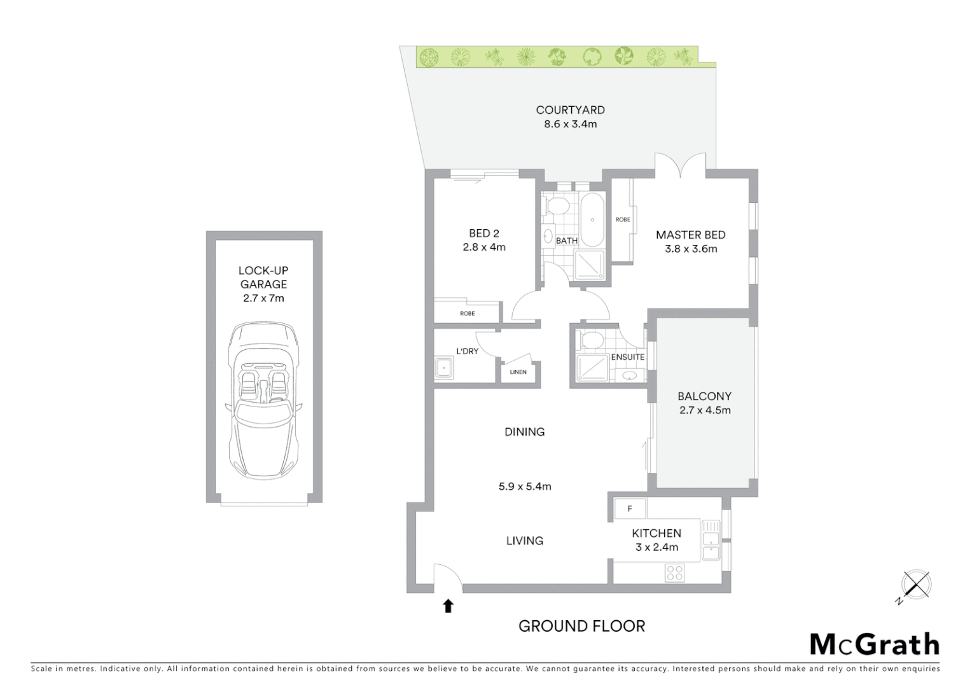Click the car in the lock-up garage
(263, 401)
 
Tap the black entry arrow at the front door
(448, 606)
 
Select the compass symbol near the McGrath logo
(915, 585)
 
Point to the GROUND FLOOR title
(581, 626)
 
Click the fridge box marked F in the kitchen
(630, 509)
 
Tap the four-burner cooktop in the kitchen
(674, 572)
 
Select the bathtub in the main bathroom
(592, 221)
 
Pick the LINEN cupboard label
(518, 372)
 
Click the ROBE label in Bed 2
(468, 314)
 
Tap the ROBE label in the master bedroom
(623, 219)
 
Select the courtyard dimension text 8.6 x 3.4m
(570, 124)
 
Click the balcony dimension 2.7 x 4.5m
(705, 410)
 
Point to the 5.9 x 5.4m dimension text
(525, 487)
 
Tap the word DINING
(524, 432)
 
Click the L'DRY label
(467, 351)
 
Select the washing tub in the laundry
(443, 368)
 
